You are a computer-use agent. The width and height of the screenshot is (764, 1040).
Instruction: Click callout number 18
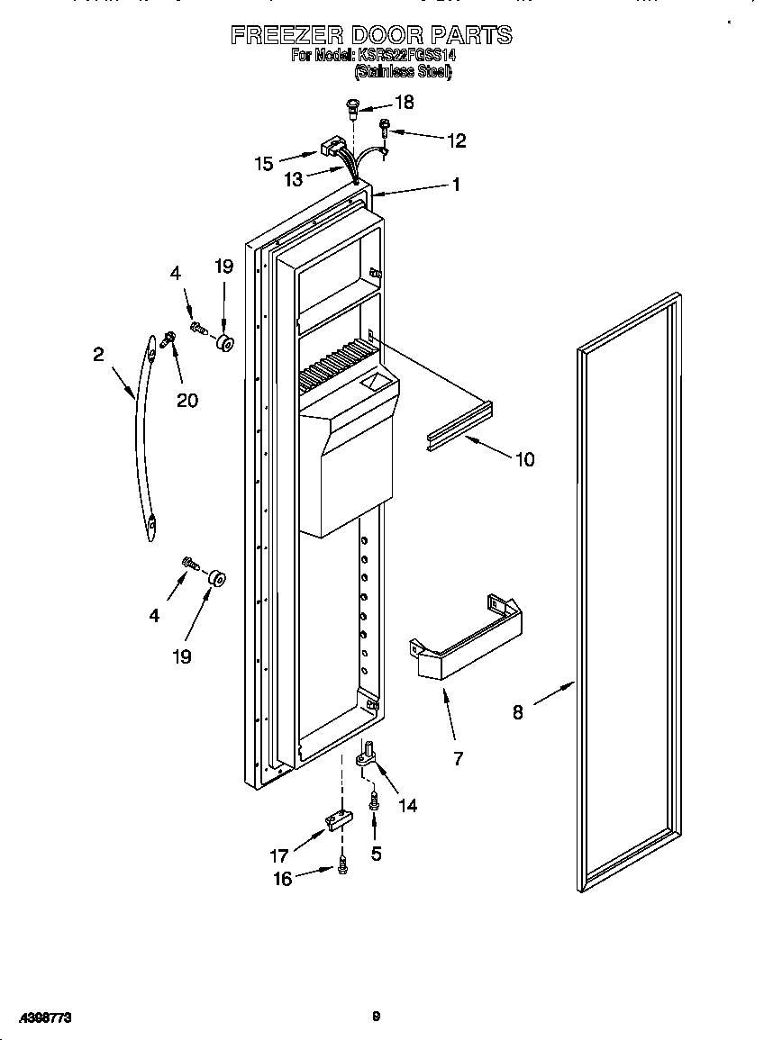pyautogui.click(x=404, y=103)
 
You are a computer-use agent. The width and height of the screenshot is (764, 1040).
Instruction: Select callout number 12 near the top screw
pyautogui.click(x=457, y=140)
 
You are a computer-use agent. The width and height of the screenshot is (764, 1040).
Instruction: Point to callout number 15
pyautogui.click(x=263, y=163)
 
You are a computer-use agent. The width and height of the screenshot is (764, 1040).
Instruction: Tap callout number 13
pyautogui.click(x=293, y=179)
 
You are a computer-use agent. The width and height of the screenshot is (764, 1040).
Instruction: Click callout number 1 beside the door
pyautogui.click(x=456, y=185)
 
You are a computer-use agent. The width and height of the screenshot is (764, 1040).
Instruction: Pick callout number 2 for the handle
pyautogui.click(x=98, y=355)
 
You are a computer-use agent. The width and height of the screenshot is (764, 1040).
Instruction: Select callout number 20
pyautogui.click(x=186, y=400)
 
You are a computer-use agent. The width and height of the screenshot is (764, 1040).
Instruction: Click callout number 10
pyautogui.click(x=523, y=459)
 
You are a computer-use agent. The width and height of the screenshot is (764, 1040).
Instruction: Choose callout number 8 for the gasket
pyautogui.click(x=517, y=712)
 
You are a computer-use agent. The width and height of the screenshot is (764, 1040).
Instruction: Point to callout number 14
pyautogui.click(x=407, y=805)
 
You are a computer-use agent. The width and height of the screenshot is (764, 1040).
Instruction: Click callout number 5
pyautogui.click(x=376, y=854)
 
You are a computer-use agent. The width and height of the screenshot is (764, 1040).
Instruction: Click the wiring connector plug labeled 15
pyautogui.click(x=335, y=145)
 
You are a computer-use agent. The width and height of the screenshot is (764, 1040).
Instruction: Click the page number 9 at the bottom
pyautogui.click(x=376, y=1017)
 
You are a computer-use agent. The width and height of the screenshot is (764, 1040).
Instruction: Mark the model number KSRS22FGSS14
pyautogui.click(x=407, y=54)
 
